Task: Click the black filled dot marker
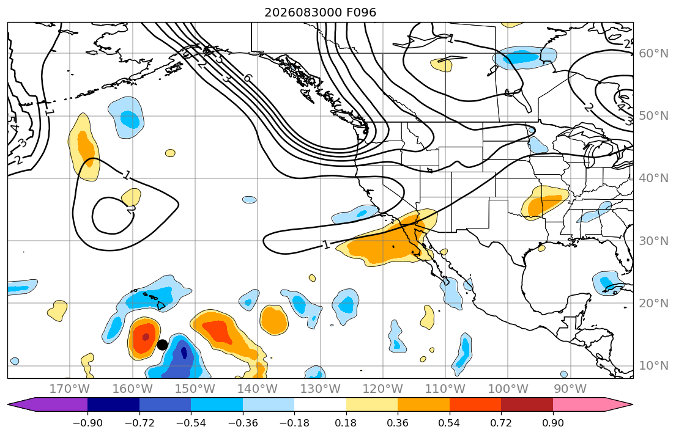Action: coord(162,345)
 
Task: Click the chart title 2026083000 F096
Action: coord(321,12)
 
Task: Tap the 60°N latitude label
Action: coord(653,53)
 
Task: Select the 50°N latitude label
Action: coord(653,116)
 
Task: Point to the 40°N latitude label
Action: coord(653,178)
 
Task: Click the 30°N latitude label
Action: coord(653,241)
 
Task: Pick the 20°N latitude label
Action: coord(653,303)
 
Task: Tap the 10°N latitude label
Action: coord(653,366)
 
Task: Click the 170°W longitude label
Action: coord(70,389)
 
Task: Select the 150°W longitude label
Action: coord(195,389)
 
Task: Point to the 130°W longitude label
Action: coord(321,389)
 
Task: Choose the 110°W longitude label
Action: coord(445,389)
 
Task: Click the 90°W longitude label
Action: coord(570,389)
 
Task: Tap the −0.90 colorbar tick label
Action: coord(87,423)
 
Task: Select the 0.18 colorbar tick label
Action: coord(346,423)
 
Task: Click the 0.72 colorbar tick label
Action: coord(501,423)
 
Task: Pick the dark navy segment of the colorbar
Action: coord(113,405)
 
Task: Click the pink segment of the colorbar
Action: coord(579,405)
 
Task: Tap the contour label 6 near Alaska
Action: coord(247,78)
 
